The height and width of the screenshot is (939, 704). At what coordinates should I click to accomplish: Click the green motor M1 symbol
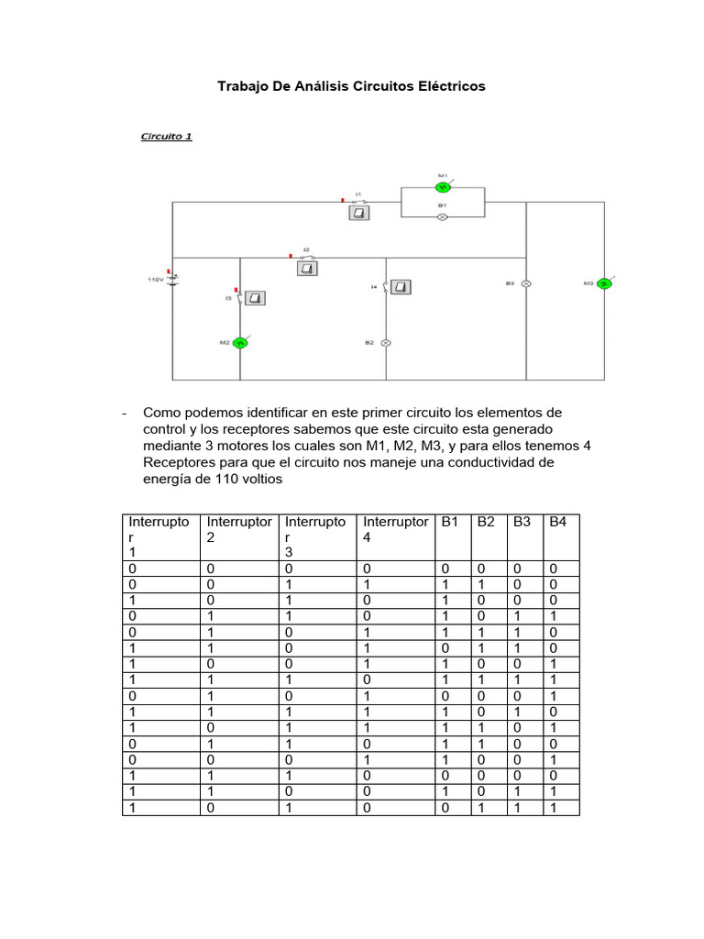[x=441, y=186]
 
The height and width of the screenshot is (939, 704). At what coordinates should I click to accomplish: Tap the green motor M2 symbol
[x=240, y=342]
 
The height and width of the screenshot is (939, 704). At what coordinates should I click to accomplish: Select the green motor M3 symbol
[x=604, y=284]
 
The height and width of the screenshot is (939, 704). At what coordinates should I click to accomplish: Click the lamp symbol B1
[x=441, y=217]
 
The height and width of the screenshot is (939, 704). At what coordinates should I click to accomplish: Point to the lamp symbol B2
[x=386, y=343]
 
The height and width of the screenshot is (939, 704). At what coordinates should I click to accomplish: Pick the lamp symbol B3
[x=526, y=284]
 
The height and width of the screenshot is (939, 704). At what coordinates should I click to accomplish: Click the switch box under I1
[x=359, y=213]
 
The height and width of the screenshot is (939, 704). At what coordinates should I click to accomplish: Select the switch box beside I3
[x=256, y=298]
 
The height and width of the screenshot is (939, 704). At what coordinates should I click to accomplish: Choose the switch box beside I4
[x=401, y=287]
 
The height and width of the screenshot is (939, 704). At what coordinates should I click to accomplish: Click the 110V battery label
[x=155, y=278]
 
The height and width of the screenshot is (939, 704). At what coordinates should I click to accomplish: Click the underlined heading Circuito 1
[x=166, y=137]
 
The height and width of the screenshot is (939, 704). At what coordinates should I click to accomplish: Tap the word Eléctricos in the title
[x=449, y=86]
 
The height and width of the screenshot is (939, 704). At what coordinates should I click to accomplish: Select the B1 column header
[x=449, y=522]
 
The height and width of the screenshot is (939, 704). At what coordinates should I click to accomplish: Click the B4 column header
[x=557, y=522]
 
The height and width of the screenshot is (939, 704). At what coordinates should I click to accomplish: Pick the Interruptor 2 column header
[x=239, y=529]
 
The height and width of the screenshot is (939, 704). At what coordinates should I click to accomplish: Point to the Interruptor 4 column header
[x=395, y=529]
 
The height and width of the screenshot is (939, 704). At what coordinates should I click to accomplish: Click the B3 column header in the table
[x=522, y=522]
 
